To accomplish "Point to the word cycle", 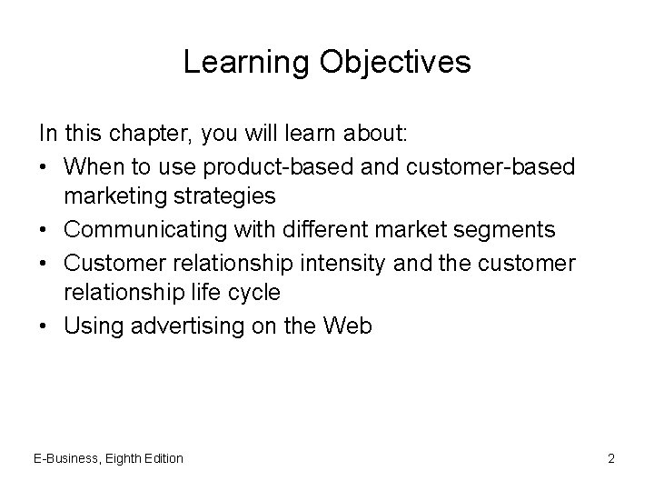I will click(257, 294).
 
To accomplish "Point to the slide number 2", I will click(611, 458).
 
